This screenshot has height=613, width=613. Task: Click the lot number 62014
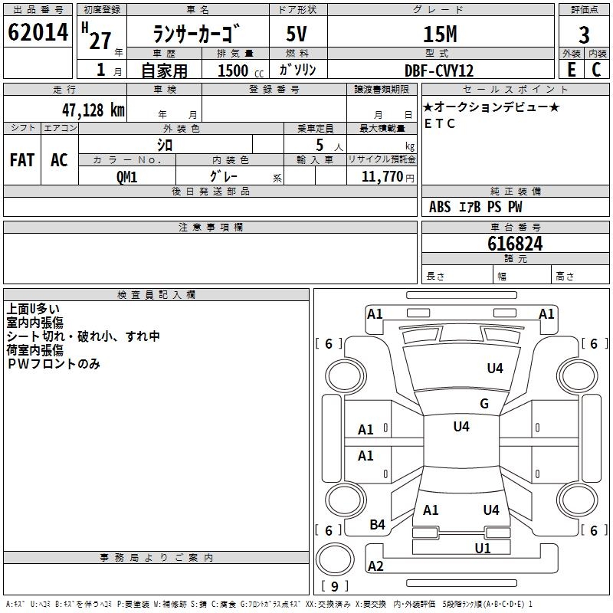38,33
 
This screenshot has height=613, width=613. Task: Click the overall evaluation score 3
584,34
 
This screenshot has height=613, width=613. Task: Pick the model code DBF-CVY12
439,70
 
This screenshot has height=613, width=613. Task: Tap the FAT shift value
21,159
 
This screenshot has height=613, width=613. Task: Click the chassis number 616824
515,244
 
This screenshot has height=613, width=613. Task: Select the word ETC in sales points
440,123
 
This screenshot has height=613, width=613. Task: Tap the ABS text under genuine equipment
440,207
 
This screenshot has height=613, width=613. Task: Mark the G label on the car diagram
484,404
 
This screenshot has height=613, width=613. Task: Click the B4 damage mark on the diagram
378,525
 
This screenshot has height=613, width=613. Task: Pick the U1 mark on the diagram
482,548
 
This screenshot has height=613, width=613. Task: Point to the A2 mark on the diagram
375,566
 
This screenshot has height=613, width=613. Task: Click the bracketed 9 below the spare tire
334,586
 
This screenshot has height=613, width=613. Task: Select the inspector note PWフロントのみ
54,364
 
